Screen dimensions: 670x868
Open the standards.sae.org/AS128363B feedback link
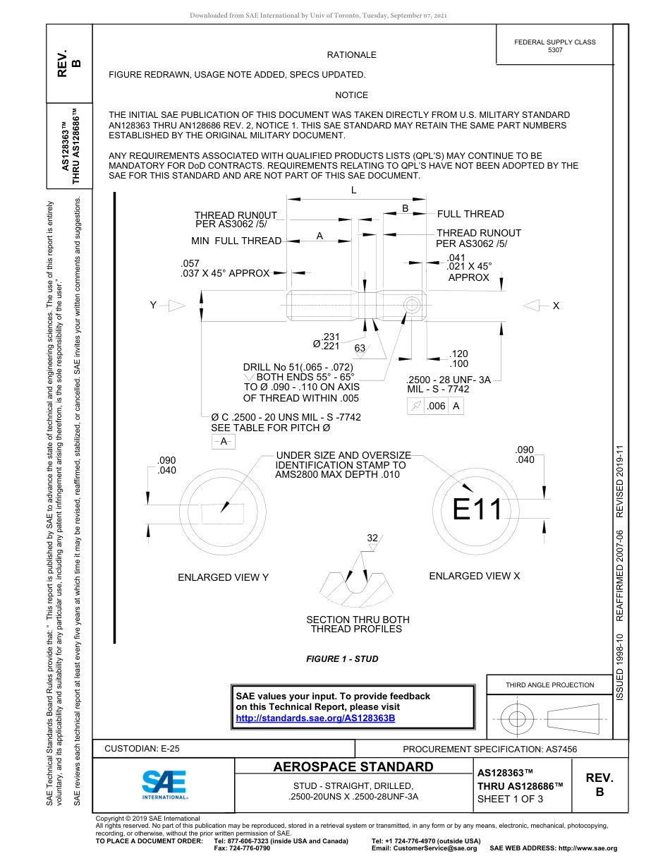point(315,718)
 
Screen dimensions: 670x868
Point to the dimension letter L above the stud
point(354,191)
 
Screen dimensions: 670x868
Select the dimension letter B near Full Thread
point(406,208)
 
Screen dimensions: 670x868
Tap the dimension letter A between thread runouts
point(319,236)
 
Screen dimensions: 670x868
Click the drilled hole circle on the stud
point(412,305)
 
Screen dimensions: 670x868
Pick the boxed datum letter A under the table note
point(224,441)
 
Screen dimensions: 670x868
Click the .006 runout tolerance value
point(437,406)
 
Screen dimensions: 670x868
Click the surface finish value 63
point(360,348)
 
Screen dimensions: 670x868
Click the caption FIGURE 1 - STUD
point(342,659)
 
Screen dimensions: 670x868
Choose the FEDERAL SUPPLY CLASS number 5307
point(555,50)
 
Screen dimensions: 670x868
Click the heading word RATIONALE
point(351,55)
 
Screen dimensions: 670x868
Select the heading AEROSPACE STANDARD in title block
point(353,767)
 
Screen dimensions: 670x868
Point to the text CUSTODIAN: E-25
point(142,749)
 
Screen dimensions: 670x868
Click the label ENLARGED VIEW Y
point(223,577)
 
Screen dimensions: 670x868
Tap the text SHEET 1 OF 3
point(510,799)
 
